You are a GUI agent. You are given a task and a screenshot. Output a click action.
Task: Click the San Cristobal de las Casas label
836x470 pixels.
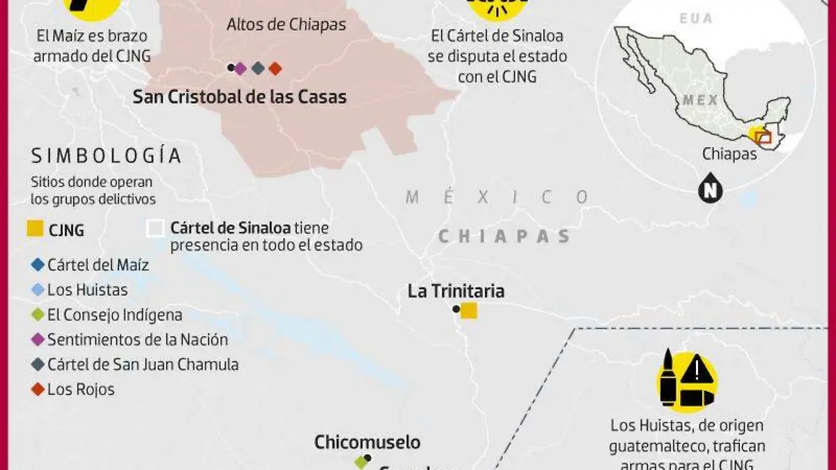[240, 97]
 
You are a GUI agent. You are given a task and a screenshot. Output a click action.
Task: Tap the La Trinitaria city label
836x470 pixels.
[456, 291]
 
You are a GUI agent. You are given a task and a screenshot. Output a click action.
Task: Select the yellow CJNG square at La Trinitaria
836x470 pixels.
[469, 311]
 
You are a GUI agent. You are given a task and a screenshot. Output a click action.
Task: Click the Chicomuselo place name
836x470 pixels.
[367, 442]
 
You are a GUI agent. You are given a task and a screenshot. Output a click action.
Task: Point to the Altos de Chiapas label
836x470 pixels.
[286, 25]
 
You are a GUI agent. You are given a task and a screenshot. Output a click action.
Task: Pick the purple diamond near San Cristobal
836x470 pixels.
[240, 68]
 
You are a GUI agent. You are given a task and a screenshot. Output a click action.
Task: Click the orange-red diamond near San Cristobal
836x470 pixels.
[275, 68]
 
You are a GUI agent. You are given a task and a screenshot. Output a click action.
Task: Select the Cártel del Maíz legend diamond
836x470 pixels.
[37, 265]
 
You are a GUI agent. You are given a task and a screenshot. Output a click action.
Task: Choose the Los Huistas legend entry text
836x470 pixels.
[87, 290]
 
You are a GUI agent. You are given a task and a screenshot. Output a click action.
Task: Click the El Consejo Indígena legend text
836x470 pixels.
[115, 315]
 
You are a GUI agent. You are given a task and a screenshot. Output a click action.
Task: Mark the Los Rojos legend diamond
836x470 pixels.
[37, 389]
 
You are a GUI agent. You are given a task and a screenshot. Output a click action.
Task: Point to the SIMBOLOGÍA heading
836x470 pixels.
[106, 155]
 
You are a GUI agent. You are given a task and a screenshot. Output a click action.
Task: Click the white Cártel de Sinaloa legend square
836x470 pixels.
[156, 229]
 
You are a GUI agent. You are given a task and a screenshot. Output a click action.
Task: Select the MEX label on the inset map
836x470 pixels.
[700, 100]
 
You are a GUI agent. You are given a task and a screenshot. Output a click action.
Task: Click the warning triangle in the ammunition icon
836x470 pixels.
[696, 370]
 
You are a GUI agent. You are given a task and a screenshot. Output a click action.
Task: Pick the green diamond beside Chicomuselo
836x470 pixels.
[360, 461]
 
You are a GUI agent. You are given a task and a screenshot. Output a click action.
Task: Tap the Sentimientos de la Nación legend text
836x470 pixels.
[137, 340]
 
